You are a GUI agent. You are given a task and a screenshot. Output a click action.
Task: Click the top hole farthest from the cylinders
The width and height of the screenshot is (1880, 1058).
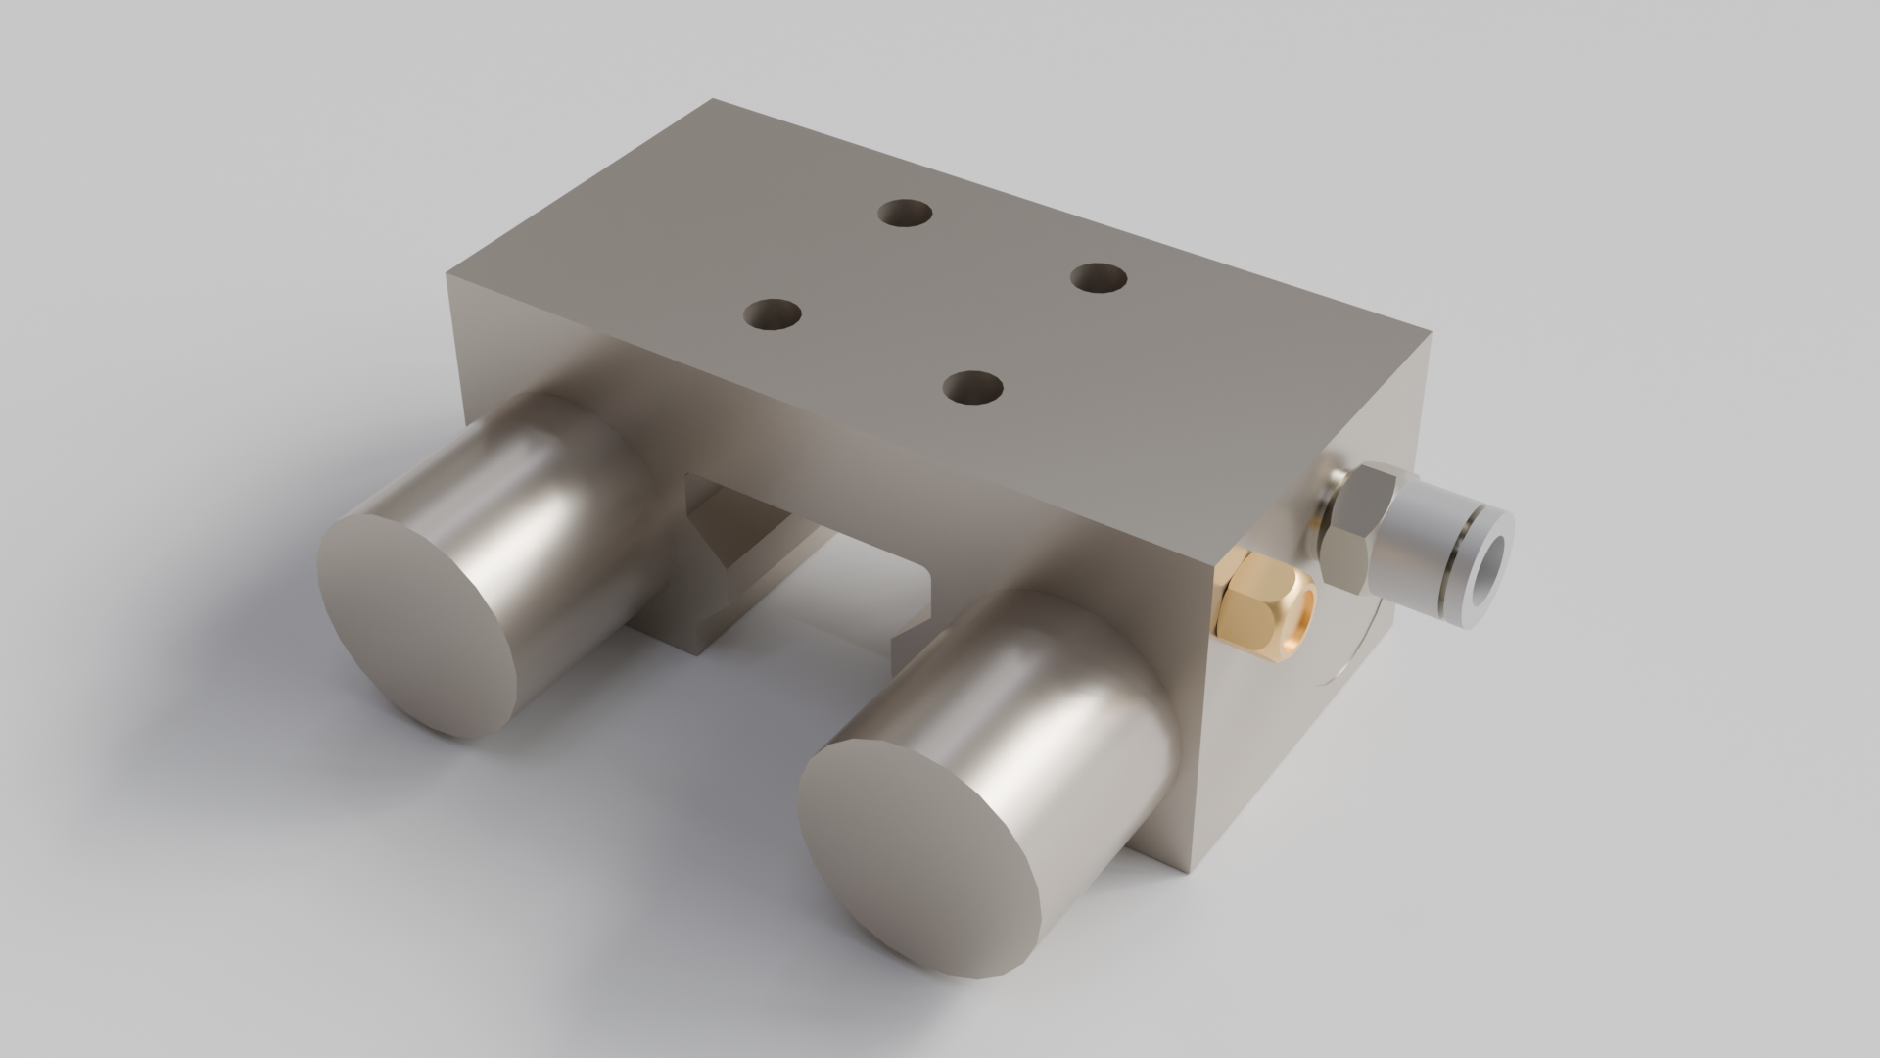(x=905, y=213)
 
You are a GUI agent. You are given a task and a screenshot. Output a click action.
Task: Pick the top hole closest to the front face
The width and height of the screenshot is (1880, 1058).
(x=973, y=389)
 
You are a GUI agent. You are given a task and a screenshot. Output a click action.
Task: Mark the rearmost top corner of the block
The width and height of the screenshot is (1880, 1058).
(x=713, y=99)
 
